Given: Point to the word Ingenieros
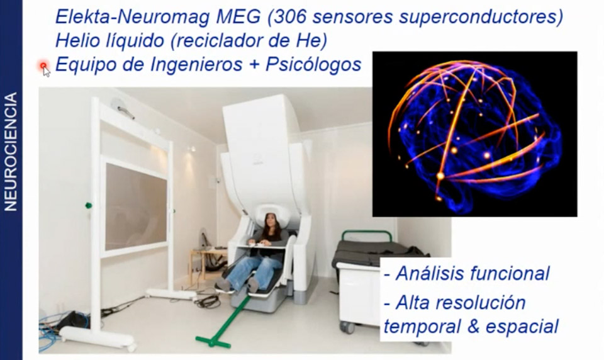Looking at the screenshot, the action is click(196, 65).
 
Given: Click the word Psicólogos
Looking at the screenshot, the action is click(313, 65).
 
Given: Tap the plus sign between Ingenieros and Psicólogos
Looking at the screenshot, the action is click(254, 65).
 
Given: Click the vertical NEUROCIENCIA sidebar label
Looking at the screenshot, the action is click(11, 152).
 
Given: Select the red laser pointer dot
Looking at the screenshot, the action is click(43, 65).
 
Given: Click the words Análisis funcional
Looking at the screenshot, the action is click(473, 273).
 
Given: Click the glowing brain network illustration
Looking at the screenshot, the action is click(474, 134).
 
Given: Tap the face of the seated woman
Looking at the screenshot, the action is click(271, 222).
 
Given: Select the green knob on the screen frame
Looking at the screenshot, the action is click(89, 205).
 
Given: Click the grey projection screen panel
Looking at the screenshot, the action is click(136, 206).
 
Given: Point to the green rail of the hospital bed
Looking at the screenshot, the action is click(367, 233).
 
